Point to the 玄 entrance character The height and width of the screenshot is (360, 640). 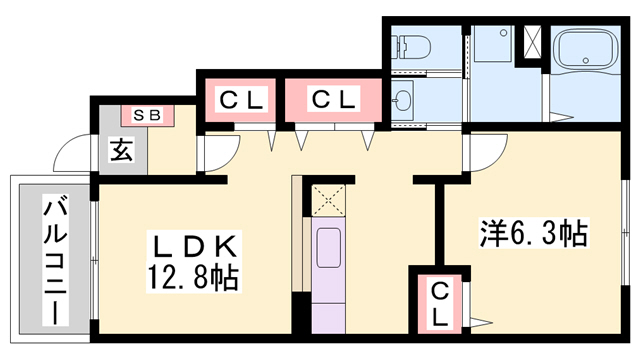click(121, 151)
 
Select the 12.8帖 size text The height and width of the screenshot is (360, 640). click(194, 275)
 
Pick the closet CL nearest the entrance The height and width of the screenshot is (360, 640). click(241, 100)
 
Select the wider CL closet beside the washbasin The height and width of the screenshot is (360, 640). click(333, 100)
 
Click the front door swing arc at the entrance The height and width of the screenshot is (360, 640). click(72, 155)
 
